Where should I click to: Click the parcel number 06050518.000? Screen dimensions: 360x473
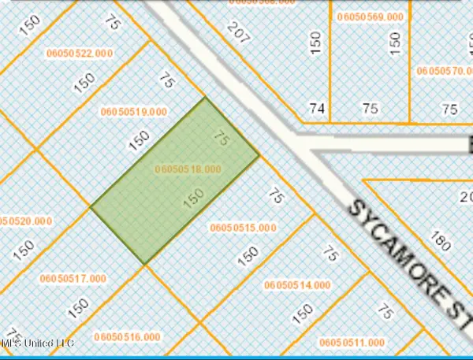coord(188,169)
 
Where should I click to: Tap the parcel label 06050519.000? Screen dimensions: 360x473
coord(134,111)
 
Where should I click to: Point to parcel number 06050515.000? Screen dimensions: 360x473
coord(244,228)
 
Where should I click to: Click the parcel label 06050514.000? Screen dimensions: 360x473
coord(299,284)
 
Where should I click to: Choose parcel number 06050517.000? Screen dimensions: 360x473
coord(73,278)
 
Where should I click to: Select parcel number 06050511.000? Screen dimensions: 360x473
coord(352,343)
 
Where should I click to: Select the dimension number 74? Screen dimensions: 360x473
coord(317,109)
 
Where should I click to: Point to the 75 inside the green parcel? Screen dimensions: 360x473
coord(222,139)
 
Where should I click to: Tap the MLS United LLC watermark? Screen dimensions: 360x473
coord(37,344)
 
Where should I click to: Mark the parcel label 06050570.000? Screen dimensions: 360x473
coord(445,70)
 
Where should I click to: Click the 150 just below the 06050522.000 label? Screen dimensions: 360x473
coord(84,80)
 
